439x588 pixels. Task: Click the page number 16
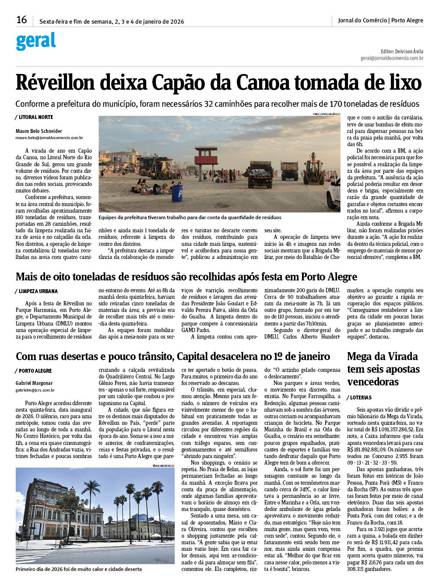coord(21,20)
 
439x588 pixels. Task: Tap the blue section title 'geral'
coord(36,41)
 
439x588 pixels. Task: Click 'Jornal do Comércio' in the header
coord(362,20)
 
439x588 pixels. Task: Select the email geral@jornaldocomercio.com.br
coord(392,58)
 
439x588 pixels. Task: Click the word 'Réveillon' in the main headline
coord(55,83)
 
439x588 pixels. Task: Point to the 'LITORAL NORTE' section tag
coord(35,117)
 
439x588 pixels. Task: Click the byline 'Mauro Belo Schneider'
coord(39,131)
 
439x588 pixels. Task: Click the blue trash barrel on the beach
coord(177,193)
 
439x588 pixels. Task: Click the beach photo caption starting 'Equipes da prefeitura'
coord(190,217)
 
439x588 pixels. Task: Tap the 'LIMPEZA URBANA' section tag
coord(38,291)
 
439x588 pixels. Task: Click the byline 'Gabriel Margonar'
coord(34,383)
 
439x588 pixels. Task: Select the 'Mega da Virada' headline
coord(383,369)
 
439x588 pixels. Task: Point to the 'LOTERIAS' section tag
coord(361,398)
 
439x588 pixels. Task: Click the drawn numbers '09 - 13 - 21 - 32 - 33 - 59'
coord(372,462)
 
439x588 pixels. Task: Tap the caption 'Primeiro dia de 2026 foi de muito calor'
coord(79,569)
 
